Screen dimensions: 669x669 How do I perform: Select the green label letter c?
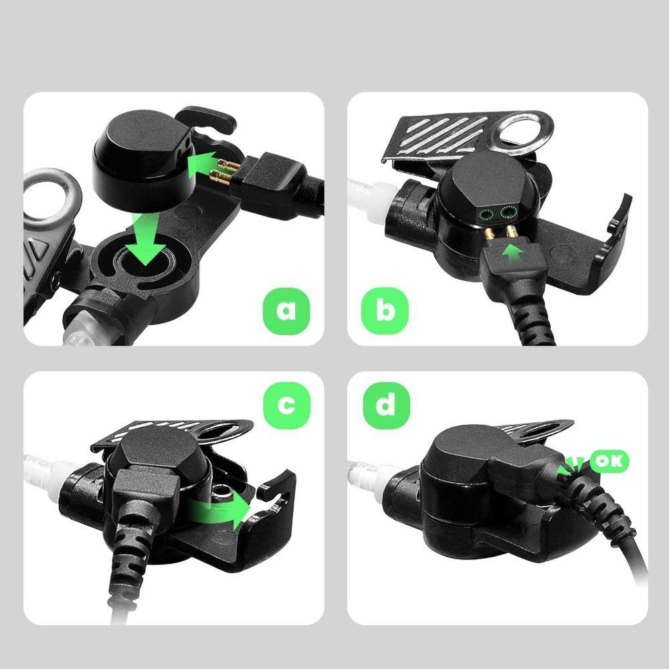click(x=286, y=405)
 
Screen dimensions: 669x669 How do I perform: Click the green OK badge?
click(x=608, y=461)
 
